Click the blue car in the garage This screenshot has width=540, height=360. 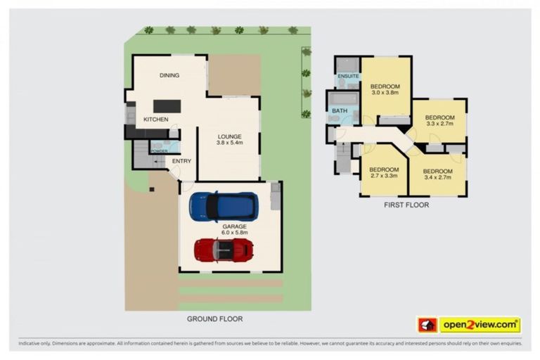[x=223, y=206]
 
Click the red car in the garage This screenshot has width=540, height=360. [x=224, y=249]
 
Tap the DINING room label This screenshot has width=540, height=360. [x=169, y=75]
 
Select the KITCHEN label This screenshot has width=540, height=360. [x=155, y=120]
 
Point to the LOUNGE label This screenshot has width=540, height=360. [x=229, y=136]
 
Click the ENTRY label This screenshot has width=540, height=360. [x=181, y=161]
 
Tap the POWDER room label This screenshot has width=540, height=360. [x=158, y=151]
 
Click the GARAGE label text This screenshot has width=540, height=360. [x=234, y=226]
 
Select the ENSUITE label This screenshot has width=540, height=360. [x=349, y=75]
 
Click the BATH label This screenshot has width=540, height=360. [x=340, y=110]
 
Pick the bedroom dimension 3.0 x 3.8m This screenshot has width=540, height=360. [x=385, y=93]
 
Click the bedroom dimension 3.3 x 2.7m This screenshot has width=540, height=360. [x=439, y=124]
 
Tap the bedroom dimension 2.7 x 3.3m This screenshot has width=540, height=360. [x=384, y=176]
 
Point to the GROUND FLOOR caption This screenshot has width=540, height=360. [x=214, y=319]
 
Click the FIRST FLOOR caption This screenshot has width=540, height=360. [x=406, y=205]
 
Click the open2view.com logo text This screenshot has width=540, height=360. [x=480, y=324]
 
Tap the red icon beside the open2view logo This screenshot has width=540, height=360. [x=427, y=324]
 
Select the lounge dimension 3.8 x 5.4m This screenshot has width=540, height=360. [x=229, y=143]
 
